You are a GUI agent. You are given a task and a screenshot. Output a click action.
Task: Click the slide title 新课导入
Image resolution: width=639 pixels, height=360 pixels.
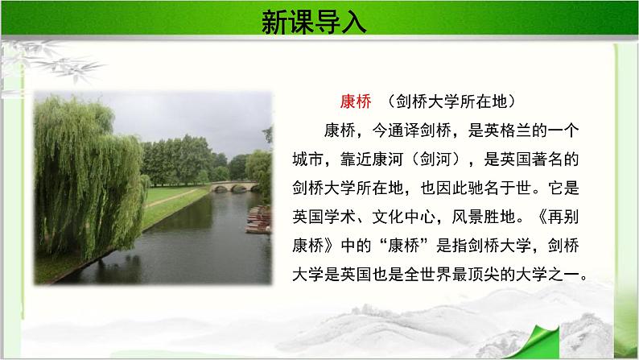coord(314,21)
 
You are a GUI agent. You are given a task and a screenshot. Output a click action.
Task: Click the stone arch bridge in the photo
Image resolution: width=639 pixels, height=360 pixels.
coord(233,187)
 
